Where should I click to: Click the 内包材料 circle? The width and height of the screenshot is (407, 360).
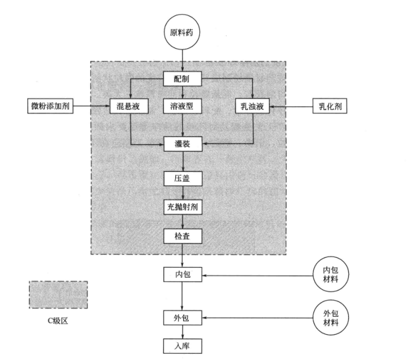tap(330, 274)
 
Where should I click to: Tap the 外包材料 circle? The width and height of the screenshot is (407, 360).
tap(330, 317)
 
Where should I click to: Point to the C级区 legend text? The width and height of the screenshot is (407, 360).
tap(58, 321)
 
